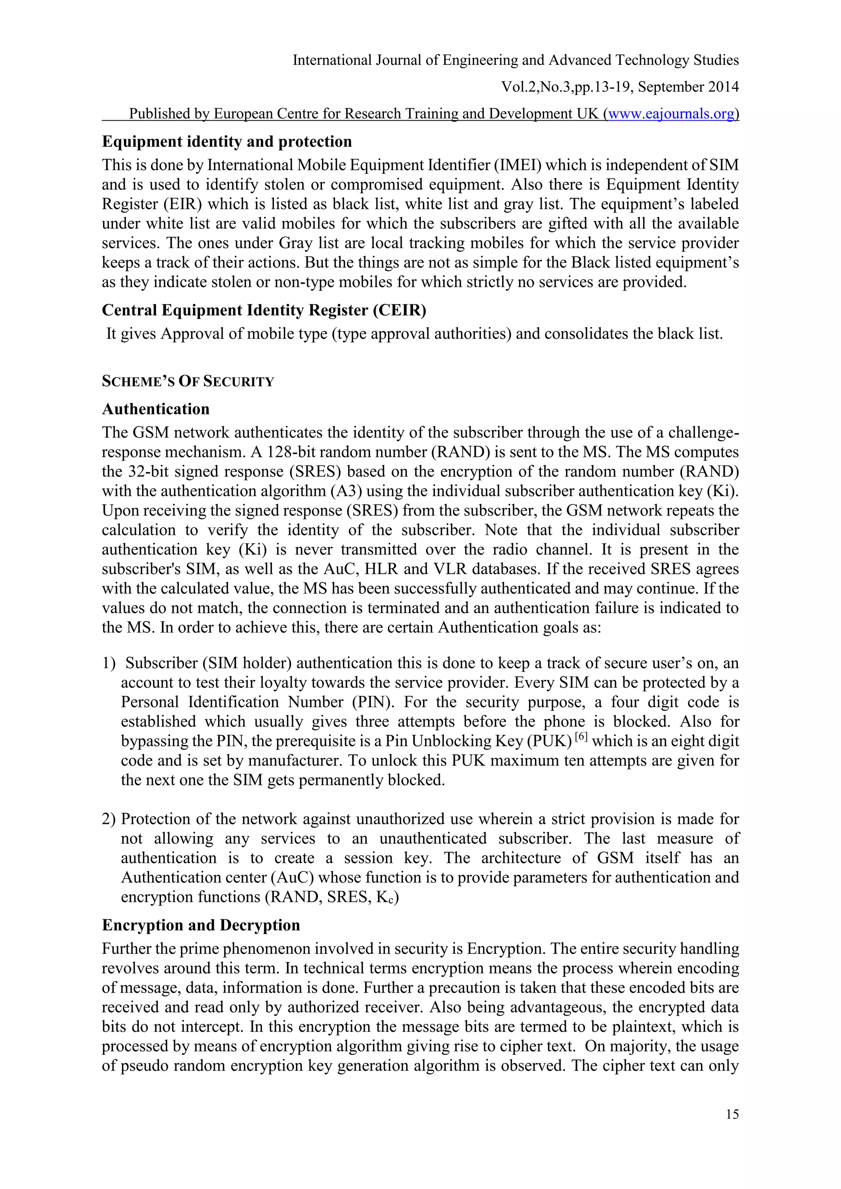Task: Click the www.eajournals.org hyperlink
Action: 671,113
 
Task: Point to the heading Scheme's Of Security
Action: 188,382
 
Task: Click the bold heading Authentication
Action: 156,409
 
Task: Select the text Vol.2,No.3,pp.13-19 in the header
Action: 567,87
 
